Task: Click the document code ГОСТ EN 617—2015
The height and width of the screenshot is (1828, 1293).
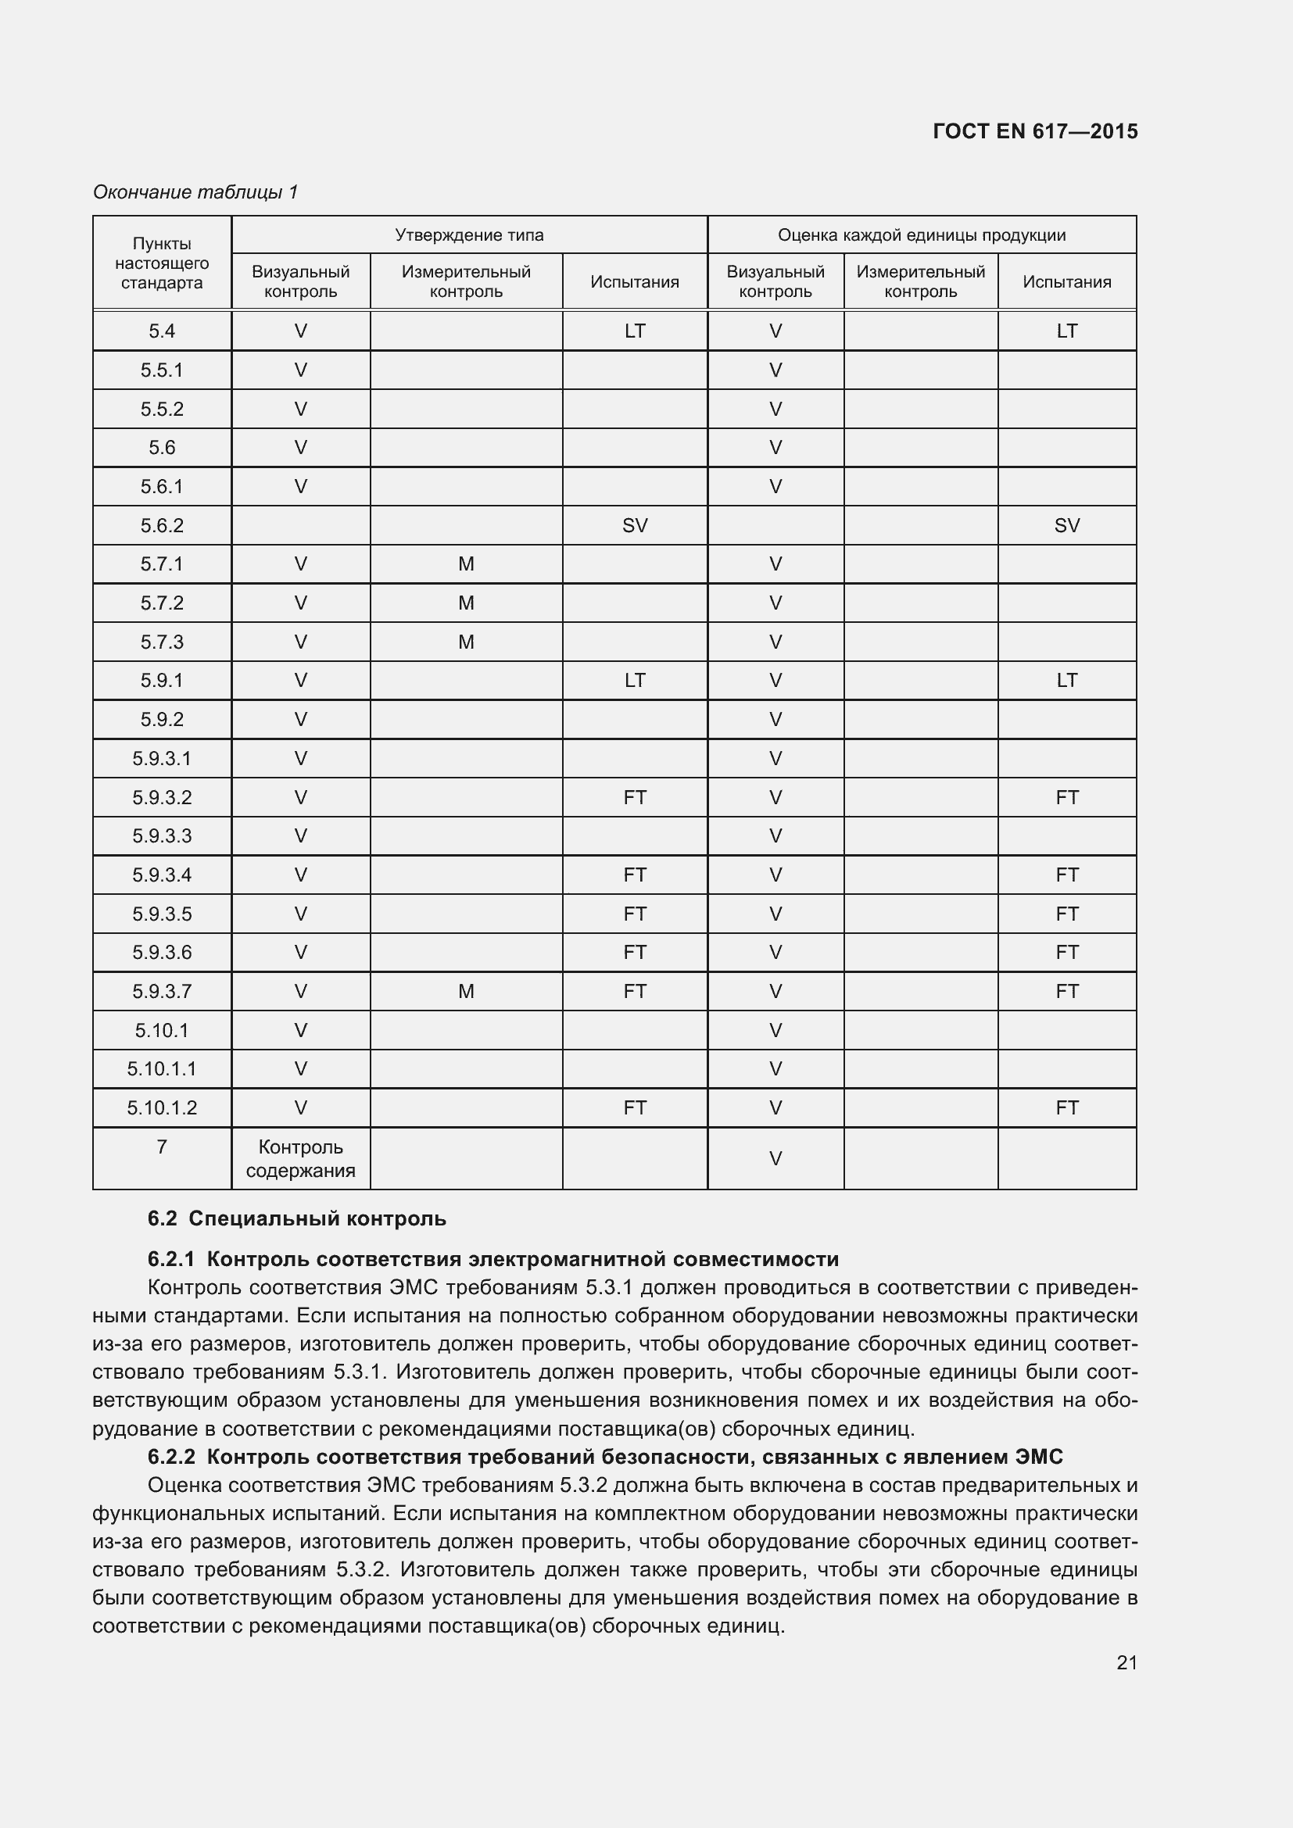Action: click(1034, 131)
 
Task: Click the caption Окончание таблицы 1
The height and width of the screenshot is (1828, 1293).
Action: click(195, 192)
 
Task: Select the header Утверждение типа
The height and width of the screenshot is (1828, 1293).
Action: click(469, 235)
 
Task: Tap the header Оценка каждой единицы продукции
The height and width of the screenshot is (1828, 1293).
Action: click(921, 235)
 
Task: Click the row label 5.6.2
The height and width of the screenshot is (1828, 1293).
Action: click(162, 525)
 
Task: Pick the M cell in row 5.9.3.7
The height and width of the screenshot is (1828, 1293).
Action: click(466, 991)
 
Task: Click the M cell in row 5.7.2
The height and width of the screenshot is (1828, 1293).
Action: click(466, 603)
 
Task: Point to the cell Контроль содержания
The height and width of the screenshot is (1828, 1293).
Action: click(300, 1158)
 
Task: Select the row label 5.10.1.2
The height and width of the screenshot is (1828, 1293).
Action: click(162, 1107)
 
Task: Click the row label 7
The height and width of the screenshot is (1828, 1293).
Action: click(162, 1147)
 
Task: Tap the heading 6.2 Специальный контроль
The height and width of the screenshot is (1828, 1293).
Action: click(296, 1218)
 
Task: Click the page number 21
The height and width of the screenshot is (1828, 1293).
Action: click(1126, 1662)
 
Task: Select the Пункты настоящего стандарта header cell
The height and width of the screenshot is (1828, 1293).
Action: click(162, 263)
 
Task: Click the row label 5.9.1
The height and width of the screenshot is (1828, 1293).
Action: click(162, 681)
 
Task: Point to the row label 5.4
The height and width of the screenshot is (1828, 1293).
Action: click(162, 331)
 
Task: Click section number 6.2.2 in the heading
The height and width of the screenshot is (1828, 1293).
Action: click(171, 1457)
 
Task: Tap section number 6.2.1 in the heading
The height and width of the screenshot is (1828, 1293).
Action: click(171, 1259)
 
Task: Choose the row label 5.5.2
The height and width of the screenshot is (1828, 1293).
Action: click(162, 410)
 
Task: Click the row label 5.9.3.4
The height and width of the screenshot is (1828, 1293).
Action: click(162, 875)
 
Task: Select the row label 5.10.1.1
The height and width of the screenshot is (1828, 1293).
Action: click(162, 1068)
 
